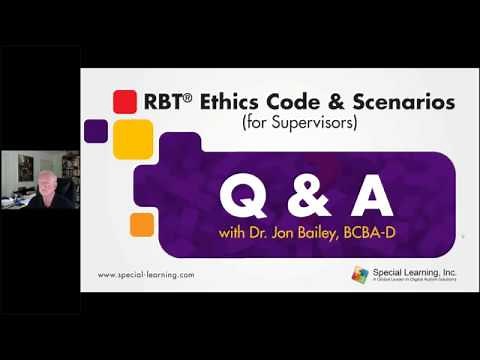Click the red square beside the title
click(124, 101)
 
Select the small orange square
click(142, 224)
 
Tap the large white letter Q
click(241, 196)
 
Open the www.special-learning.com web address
click(146, 274)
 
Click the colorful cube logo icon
click(360, 273)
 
